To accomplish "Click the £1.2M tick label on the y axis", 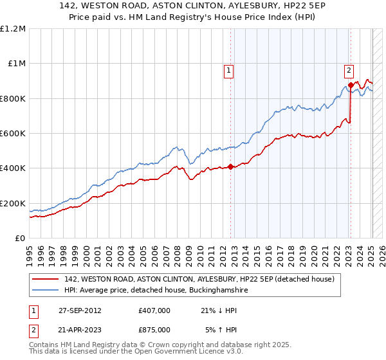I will coord(13,28).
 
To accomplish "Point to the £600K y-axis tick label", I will coord(13,133).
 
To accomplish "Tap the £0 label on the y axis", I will coord(19,238).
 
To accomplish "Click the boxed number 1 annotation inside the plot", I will coord(229,71).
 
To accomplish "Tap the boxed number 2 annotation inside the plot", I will coord(349,71).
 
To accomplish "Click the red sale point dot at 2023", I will coord(350,85).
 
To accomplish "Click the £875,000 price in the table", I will coord(154,329).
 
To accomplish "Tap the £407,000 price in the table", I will coord(154,311).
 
